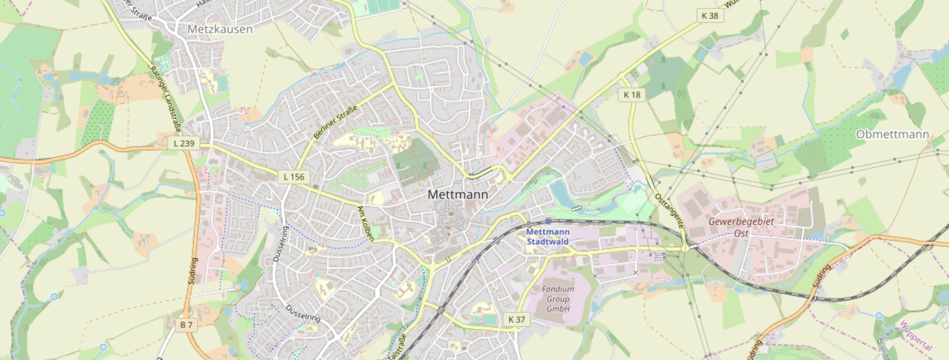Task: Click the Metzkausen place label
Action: (x=220, y=29)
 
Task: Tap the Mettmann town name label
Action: (x=458, y=195)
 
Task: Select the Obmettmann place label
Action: (x=892, y=134)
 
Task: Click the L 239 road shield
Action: (x=184, y=144)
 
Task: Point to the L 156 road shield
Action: (x=293, y=177)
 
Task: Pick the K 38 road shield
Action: (x=710, y=15)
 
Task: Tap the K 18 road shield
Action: (x=632, y=94)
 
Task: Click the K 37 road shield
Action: (x=517, y=319)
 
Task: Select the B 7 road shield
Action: (x=187, y=325)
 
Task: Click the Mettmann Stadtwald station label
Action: (x=548, y=236)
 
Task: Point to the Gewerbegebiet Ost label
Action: (x=741, y=227)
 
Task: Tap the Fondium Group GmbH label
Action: (x=558, y=299)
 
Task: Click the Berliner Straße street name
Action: (x=335, y=122)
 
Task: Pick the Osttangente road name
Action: (x=670, y=210)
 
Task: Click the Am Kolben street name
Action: (x=365, y=224)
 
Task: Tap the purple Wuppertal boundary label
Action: (x=915, y=336)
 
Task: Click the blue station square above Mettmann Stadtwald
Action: (x=548, y=221)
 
